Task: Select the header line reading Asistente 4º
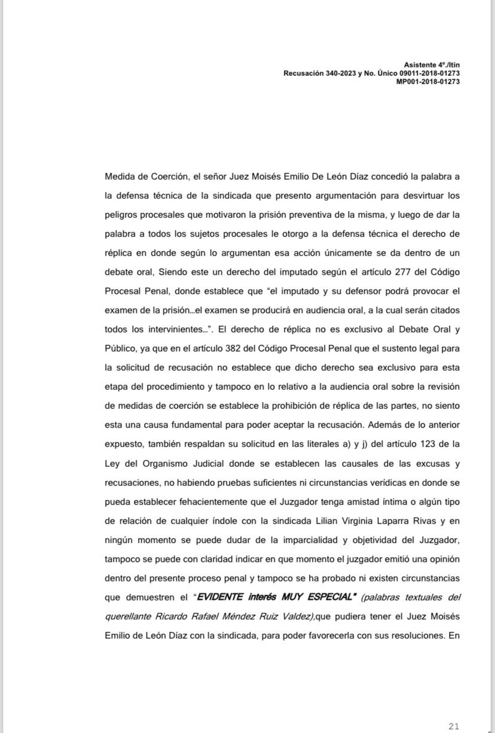coord(432,64)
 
